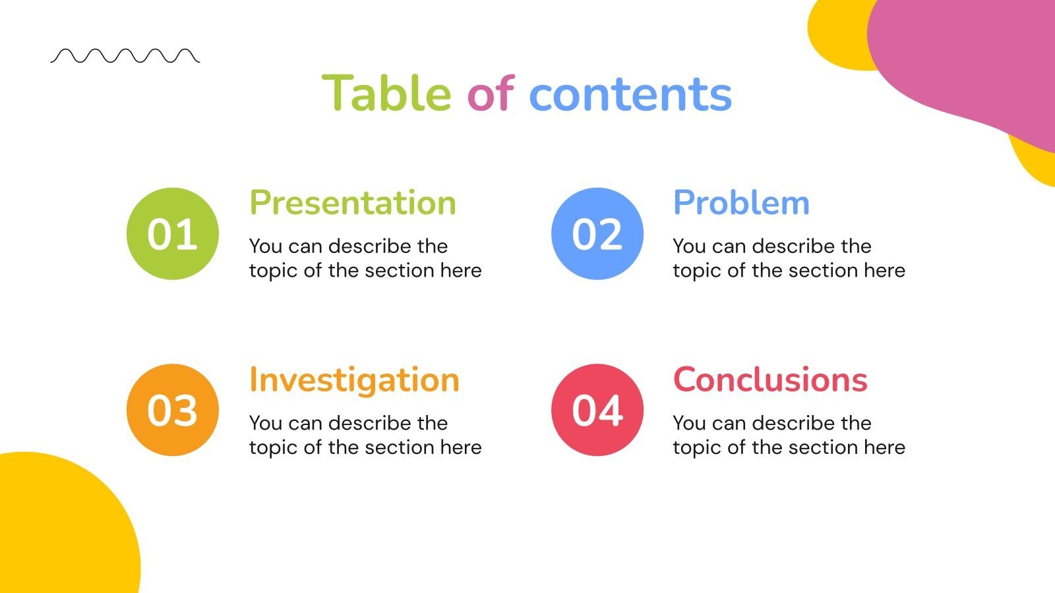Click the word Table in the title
[x=386, y=94]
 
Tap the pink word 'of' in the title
[x=490, y=94]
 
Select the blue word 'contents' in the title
[x=630, y=94]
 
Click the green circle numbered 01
[x=173, y=234]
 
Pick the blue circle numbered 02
[x=597, y=234]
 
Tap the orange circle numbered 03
[x=173, y=410]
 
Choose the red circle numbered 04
[x=597, y=410]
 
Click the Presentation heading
[x=353, y=203]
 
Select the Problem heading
[x=741, y=203]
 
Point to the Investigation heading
[x=354, y=380]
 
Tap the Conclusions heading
[x=770, y=380]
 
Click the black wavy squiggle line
[x=125, y=56]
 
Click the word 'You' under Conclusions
[x=689, y=423]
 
